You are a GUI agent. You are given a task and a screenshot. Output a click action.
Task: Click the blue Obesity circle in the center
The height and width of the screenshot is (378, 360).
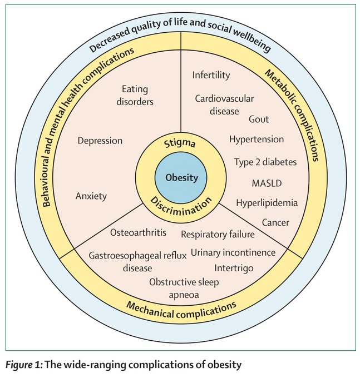click(180, 177)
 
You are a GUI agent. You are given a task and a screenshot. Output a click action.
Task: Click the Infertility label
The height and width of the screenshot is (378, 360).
click(211, 75)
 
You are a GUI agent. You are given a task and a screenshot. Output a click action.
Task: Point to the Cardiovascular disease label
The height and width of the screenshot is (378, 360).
click(224, 104)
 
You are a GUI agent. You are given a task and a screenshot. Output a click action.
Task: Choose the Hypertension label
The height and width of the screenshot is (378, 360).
click(257, 140)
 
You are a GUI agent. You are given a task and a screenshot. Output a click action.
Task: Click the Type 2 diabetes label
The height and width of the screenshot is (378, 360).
click(265, 162)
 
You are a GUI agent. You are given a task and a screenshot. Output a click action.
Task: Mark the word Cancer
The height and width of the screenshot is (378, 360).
click(275, 222)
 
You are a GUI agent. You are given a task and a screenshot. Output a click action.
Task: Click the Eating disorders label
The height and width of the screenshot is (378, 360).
click(137, 94)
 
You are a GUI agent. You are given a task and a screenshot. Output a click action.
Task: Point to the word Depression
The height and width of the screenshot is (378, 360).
click(100, 141)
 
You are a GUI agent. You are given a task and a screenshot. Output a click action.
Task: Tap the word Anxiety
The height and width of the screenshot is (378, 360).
click(91, 196)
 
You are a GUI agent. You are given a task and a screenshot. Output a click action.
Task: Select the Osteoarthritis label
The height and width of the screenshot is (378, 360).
click(137, 232)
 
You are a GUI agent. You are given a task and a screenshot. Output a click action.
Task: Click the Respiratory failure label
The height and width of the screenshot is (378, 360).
click(218, 234)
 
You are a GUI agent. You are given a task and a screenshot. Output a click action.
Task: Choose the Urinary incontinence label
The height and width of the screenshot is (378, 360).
click(233, 252)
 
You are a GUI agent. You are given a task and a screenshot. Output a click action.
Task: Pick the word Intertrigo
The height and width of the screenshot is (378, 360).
click(234, 268)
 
